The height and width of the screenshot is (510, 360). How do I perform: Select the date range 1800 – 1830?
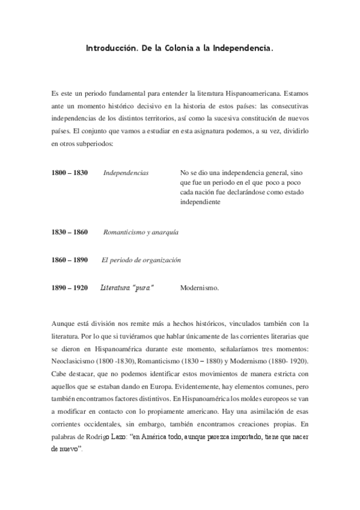click(x=70, y=173)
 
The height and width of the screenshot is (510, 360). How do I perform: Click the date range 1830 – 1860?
click(x=70, y=231)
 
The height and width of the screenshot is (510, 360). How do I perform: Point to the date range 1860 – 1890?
click(x=70, y=260)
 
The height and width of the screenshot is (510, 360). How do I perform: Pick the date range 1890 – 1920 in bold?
click(x=70, y=289)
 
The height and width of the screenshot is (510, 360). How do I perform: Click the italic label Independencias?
click(x=126, y=173)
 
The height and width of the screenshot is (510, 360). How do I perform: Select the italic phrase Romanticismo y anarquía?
click(x=141, y=231)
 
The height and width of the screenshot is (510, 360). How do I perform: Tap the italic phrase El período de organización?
click(x=141, y=260)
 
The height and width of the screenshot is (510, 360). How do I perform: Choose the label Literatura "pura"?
click(x=127, y=289)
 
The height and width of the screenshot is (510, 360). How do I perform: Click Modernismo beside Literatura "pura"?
click(x=200, y=289)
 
